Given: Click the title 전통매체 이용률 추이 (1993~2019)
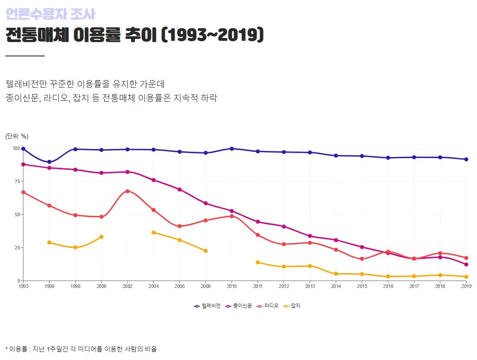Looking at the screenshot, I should point(134,35).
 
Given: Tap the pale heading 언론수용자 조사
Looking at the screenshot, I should point(50,14).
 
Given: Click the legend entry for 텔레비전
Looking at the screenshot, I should point(208,306).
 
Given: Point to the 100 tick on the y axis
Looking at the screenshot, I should point(16,149).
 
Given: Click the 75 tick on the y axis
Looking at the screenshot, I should point(17,181).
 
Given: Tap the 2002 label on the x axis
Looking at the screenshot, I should point(127,286).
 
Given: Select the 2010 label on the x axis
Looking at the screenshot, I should point(231,286).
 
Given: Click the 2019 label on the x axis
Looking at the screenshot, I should point(466,286).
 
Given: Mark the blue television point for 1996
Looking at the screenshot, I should point(49,162).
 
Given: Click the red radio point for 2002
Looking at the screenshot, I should point(128,191).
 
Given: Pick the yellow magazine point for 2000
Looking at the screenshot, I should point(102,237).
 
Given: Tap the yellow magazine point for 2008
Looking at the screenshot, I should point(205,251).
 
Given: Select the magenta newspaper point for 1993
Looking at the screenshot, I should point(23,164).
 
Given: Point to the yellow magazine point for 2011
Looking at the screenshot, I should point(258,262).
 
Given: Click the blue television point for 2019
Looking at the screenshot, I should point(466,159).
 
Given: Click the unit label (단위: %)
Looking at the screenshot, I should point(17,136).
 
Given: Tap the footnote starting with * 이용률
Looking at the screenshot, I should point(81,349).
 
